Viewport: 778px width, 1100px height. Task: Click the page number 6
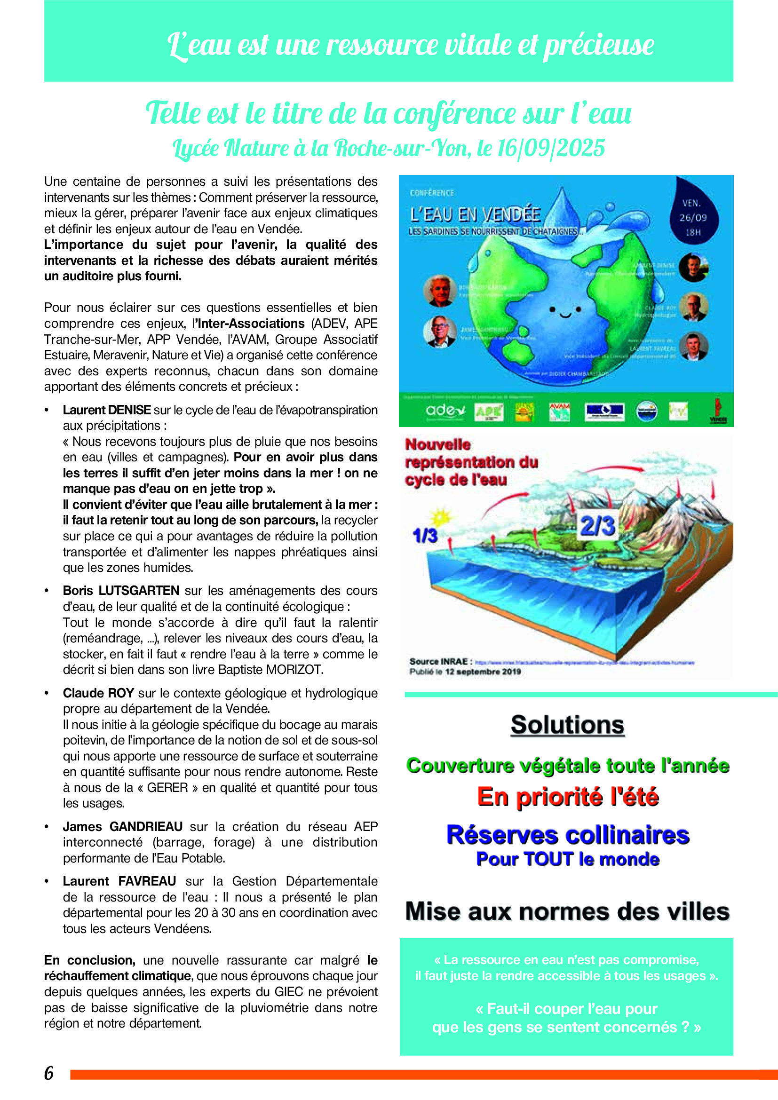click(x=49, y=1073)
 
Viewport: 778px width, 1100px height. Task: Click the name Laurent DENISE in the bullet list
click(x=107, y=410)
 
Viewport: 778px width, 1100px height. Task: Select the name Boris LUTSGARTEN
click(x=121, y=591)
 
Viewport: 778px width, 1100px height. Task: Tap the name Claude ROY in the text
click(x=98, y=693)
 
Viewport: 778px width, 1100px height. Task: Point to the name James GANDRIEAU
click(x=123, y=826)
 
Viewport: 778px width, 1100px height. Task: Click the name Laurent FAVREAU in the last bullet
click(x=119, y=881)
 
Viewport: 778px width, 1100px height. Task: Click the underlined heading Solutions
click(x=567, y=725)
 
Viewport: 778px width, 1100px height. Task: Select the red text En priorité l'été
click(x=568, y=798)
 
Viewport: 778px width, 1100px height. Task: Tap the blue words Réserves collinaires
click(x=568, y=835)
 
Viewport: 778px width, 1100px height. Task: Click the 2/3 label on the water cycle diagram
click(x=597, y=526)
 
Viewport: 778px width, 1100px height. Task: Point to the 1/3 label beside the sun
click(x=425, y=536)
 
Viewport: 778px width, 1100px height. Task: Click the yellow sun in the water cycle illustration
click(x=440, y=518)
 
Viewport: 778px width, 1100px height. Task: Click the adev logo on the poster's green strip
click(x=445, y=411)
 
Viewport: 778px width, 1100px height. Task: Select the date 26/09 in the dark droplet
click(x=693, y=218)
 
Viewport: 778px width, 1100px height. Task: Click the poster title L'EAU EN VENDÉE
click(x=475, y=214)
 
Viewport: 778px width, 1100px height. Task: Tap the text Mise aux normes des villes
click(x=567, y=911)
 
